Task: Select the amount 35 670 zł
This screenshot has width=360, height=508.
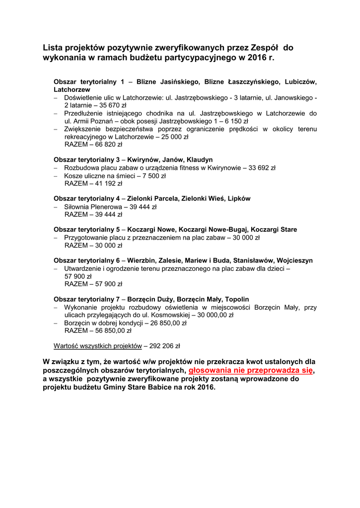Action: (x=113, y=106)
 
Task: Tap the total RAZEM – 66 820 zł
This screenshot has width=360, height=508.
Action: (x=93, y=144)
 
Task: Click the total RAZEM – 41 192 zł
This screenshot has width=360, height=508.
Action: (x=93, y=184)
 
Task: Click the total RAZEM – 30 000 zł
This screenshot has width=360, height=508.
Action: (x=93, y=245)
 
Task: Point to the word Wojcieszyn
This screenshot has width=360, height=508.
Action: (x=295, y=260)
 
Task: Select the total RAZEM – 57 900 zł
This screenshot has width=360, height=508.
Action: (x=93, y=284)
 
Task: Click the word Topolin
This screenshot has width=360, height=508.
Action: (x=237, y=300)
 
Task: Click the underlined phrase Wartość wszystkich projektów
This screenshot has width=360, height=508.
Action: (x=97, y=346)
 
